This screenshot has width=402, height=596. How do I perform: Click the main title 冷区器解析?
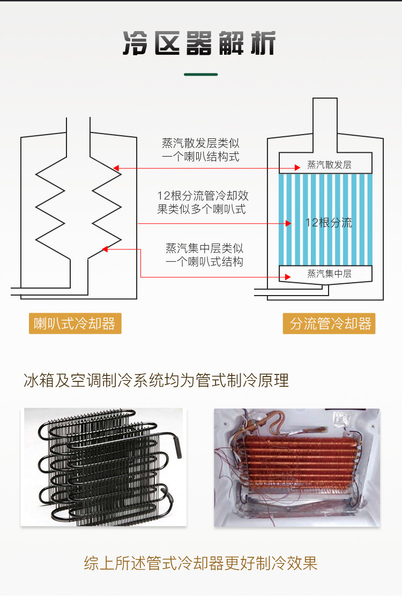tap(199, 43)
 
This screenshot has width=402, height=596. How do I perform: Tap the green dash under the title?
tap(201, 75)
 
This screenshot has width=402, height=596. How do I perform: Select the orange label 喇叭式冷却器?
tap(75, 323)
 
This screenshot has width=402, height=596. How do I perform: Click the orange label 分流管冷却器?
tap(329, 323)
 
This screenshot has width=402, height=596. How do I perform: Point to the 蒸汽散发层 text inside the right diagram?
tap(329, 165)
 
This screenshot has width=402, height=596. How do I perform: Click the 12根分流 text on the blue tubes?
tap(329, 222)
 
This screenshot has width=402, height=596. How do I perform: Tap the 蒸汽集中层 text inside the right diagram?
tap(329, 274)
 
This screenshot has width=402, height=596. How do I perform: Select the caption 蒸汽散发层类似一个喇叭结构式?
tap(201, 150)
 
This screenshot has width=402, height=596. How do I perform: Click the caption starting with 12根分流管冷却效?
tap(203, 202)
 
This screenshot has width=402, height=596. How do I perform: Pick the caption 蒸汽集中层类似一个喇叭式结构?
tap(204, 255)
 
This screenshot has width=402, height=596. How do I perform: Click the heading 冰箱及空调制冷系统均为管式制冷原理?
tap(157, 380)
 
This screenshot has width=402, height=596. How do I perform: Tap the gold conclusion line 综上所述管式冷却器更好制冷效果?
tap(200, 563)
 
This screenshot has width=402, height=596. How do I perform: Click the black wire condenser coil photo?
tap(103, 467)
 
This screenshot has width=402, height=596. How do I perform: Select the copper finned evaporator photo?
tap(297, 468)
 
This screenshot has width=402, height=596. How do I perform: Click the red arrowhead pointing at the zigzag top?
tap(116, 168)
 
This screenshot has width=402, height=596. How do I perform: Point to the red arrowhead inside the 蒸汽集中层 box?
tap(288, 277)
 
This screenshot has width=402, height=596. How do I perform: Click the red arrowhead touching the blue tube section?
tap(288, 224)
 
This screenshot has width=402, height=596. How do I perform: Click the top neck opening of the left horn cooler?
tap(78, 137)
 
